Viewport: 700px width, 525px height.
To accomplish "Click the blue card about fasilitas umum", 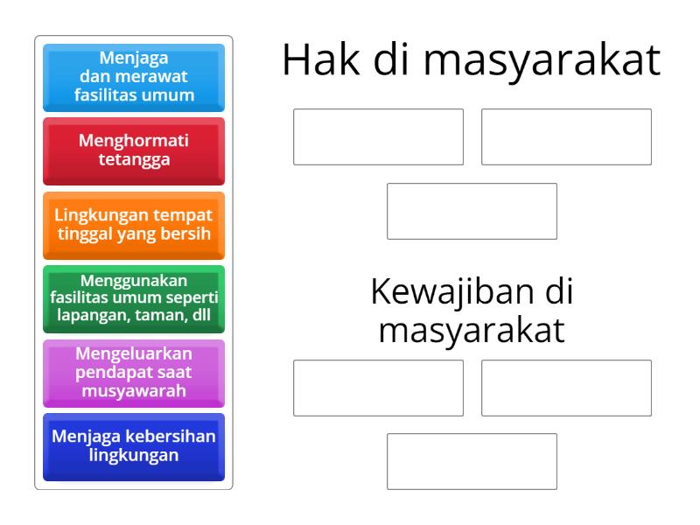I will (134, 78).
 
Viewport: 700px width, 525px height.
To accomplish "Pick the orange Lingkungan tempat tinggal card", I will (134, 225).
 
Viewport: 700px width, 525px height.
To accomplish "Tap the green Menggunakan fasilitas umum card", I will (134, 298).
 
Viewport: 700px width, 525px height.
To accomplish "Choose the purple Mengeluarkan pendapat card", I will (134, 372).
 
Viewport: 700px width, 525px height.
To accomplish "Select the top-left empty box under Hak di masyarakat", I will (378, 136).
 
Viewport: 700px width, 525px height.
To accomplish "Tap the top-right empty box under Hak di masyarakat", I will (566, 136).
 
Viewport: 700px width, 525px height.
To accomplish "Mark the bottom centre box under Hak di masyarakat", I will (472, 211).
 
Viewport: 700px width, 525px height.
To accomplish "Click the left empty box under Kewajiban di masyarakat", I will (378, 388).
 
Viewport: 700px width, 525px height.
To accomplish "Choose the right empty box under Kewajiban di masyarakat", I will (566, 388).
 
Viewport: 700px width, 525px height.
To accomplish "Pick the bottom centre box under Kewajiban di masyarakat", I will (472, 461).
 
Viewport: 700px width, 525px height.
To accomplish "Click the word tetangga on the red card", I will (134, 159).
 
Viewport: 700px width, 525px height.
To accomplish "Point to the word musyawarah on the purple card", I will (134, 390).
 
